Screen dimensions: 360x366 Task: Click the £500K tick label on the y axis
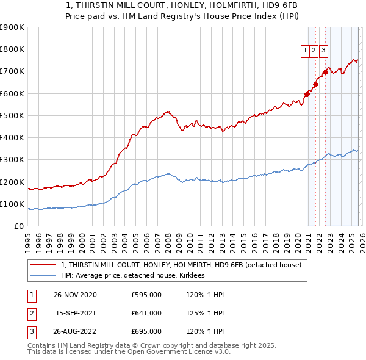12,115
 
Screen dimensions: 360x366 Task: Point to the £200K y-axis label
12,182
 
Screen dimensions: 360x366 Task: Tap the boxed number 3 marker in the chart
323,51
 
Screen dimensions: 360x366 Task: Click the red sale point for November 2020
307,94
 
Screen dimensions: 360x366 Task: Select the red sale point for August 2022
326,72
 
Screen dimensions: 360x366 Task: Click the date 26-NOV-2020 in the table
75,295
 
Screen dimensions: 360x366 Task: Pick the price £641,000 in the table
146,313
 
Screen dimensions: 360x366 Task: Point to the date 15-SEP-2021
75,313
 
